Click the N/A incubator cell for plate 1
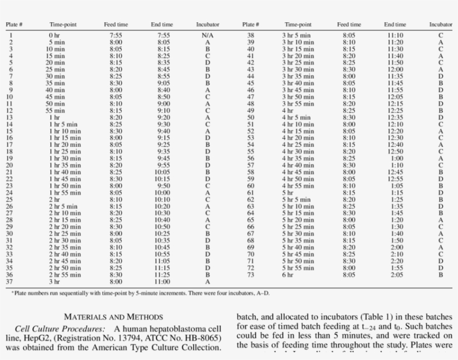click(x=208, y=36)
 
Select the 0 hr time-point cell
click(x=54, y=36)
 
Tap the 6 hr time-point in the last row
click(x=287, y=275)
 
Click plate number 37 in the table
click(x=9, y=282)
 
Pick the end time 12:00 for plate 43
click(x=395, y=69)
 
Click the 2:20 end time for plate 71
click(x=397, y=261)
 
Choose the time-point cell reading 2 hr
click(x=54, y=200)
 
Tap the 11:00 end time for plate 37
click(x=162, y=282)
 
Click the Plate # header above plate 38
click(x=250, y=25)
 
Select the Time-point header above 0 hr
click(x=63, y=25)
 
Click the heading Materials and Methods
click(x=113, y=317)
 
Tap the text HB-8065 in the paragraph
click(x=201, y=338)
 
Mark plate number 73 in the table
click(x=251, y=275)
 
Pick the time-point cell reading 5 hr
click(x=287, y=193)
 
